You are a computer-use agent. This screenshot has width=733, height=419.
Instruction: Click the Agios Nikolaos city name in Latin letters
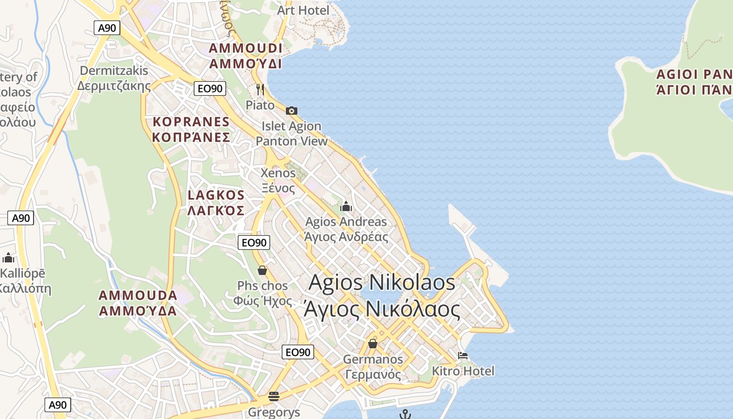(x=382, y=283)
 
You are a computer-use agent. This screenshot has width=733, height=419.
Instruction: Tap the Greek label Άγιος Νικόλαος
(x=382, y=309)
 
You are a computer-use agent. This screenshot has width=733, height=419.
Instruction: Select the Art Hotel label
(x=303, y=10)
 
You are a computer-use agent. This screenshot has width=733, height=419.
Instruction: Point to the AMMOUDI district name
(x=246, y=49)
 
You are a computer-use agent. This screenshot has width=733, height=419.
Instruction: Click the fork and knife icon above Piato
(x=260, y=90)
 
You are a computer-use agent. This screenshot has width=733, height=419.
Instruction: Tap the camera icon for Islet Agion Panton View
(x=292, y=111)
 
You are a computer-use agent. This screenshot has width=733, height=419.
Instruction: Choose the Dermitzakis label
(x=114, y=71)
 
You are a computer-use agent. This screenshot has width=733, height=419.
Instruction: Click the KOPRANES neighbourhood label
(x=191, y=122)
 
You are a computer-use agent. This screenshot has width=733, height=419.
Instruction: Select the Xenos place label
(x=278, y=173)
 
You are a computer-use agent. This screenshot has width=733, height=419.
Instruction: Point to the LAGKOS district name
(x=216, y=195)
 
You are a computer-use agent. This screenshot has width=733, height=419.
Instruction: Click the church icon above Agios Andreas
(x=346, y=206)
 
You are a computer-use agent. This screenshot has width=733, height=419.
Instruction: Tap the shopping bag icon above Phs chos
(x=262, y=270)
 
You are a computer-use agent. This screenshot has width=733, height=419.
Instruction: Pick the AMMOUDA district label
(x=138, y=295)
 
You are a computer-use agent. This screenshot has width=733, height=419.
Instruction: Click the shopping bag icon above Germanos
(x=373, y=344)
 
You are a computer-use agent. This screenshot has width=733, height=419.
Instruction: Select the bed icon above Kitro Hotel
(x=463, y=356)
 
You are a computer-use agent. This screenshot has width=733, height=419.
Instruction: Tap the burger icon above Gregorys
(x=274, y=396)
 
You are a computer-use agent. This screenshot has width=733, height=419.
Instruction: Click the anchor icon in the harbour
(x=404, y=414)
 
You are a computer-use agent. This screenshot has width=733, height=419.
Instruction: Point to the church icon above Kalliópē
(x=8, y=258)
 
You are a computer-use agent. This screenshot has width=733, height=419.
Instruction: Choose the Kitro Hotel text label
(x=463, y=371)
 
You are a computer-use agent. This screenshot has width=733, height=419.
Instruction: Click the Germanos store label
(x=373, y=359)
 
